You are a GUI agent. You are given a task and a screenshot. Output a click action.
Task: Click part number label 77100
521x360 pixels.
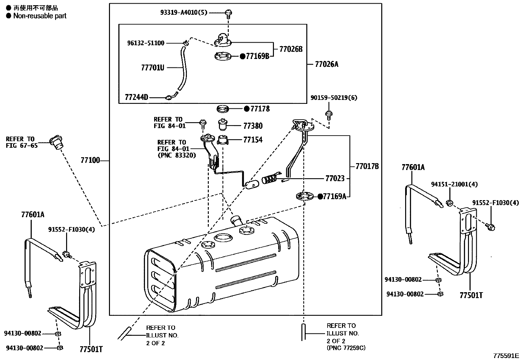tap(90, 161)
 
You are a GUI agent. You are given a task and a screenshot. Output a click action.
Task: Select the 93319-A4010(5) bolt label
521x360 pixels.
tap(184, 12)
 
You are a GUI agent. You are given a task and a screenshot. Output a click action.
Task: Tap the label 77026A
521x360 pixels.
tap(326, 64)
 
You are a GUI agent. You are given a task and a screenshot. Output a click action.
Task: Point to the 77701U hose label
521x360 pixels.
tap(153, 67)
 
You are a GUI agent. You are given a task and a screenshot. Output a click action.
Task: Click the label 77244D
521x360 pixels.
tap(136, 97)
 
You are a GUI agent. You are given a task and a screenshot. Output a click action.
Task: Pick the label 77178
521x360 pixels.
tap(260, 109)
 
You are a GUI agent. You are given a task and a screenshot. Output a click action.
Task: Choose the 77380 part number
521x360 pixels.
tap(253, 126)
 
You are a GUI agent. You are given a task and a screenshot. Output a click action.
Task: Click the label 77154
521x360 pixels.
tap(253, 140)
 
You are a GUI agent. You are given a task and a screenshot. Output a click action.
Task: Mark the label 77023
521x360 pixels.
tap(335, 179)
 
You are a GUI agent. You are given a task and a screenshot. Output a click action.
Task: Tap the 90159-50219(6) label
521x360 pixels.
tap(334, 98)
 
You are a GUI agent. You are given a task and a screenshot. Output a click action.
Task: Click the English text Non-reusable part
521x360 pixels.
tap(40, 16)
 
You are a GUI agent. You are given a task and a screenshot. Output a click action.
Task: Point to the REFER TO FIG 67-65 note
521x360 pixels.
tap(22, 142)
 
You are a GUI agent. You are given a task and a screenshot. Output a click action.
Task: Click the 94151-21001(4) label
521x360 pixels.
tap(454, 184)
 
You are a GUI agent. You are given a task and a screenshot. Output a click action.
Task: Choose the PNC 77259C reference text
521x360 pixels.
tap(346, 348)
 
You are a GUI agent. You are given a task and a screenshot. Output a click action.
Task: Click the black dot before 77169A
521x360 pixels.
tap(320, 196)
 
